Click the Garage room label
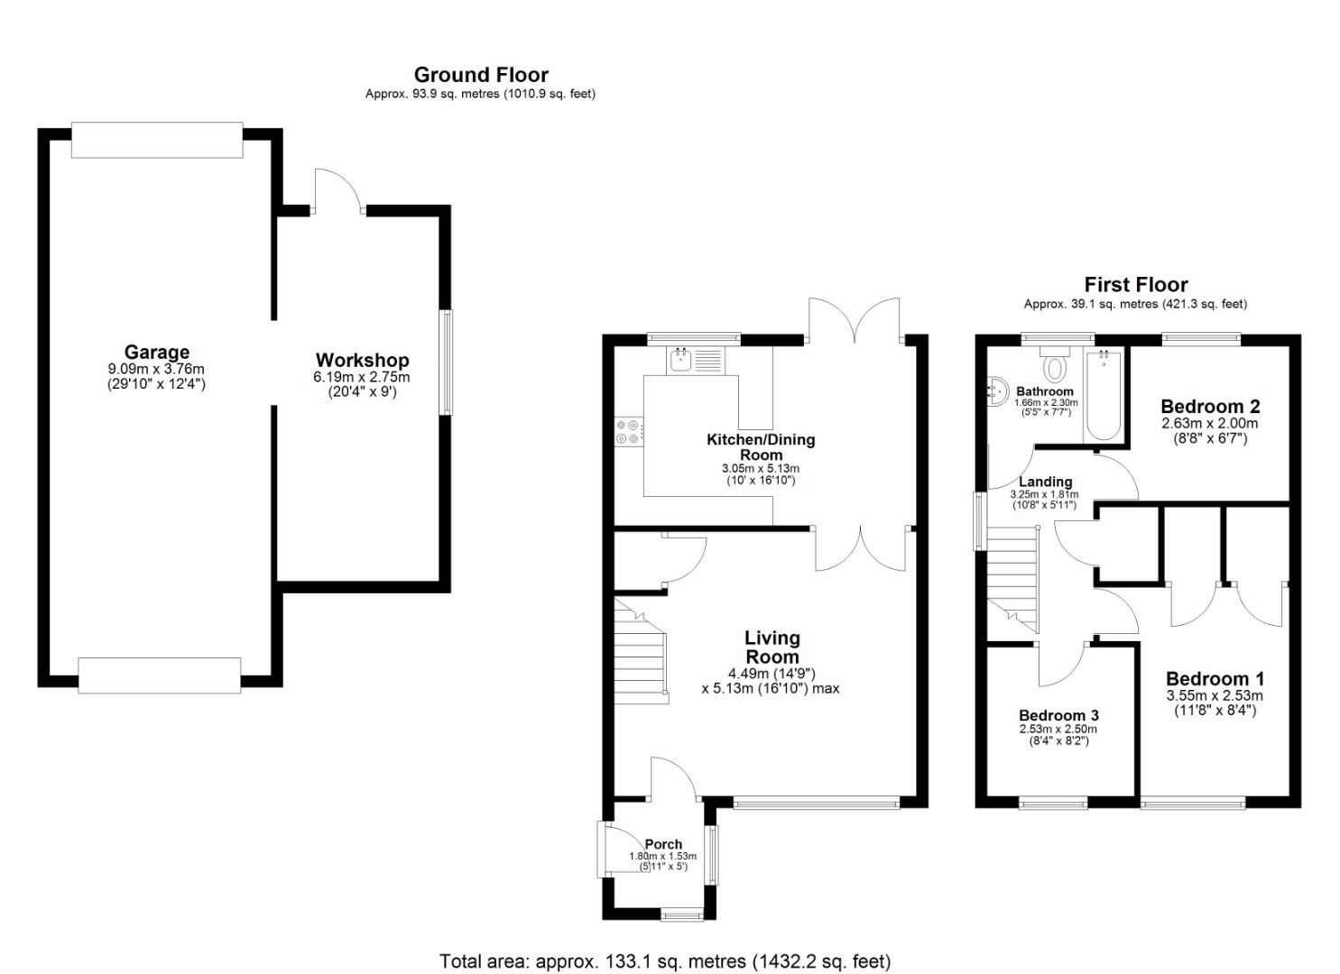157,352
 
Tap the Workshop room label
363,360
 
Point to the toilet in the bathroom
1055,364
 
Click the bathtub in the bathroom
1104,395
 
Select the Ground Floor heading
481,75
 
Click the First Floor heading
1136,284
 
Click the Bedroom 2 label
1210,407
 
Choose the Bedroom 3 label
1058,715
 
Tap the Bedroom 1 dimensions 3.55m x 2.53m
1215,695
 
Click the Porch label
663,843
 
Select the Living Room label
772,647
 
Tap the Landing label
1046,482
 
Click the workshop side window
446,362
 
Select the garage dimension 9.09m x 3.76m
156,369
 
